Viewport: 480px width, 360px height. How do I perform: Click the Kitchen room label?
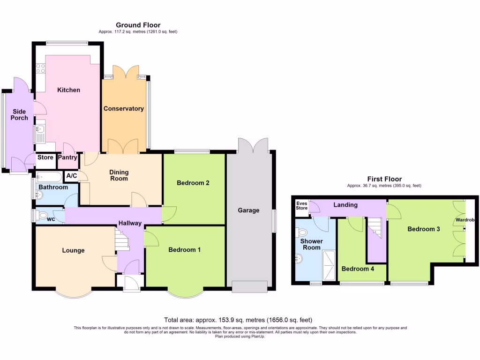[x=68, y=90]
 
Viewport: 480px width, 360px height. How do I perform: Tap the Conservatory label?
[x=123, y=109]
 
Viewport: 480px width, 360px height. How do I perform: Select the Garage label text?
[x=248, y=210]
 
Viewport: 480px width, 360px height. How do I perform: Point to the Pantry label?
[x=67, y=157]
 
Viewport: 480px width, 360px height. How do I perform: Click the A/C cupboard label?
[x=72, y=176]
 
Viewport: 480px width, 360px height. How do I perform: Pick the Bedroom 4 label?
[x=358, y=269]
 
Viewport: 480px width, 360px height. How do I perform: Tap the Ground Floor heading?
[x=138, y=25]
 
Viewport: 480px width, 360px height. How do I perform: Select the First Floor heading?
[x=384, y=179]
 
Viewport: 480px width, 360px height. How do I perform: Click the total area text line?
[x=238, y=320]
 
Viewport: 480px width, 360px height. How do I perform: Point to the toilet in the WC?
[x=43, y=216]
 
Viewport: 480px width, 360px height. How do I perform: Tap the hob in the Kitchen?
[x=40, y=69]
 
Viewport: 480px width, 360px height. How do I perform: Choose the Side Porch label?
[x=19, y=114]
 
